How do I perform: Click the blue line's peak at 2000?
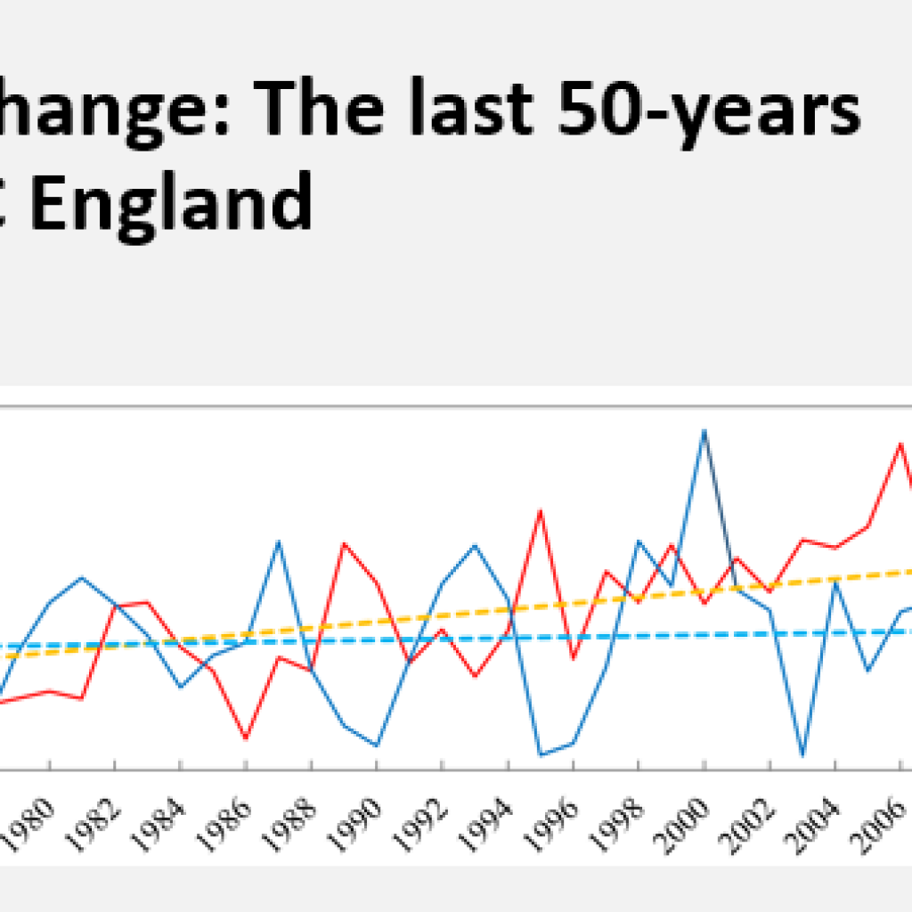tap(704, 431)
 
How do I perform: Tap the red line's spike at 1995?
tap(540, 510)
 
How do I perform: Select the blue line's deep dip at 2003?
tap(802, 755)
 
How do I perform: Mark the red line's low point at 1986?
tap(246, 738)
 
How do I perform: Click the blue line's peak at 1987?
tap(278, 541)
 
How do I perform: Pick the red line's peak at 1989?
tap(344, 543)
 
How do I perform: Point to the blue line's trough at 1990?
tap(376, 745)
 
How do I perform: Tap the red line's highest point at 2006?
tap(900, 443)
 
